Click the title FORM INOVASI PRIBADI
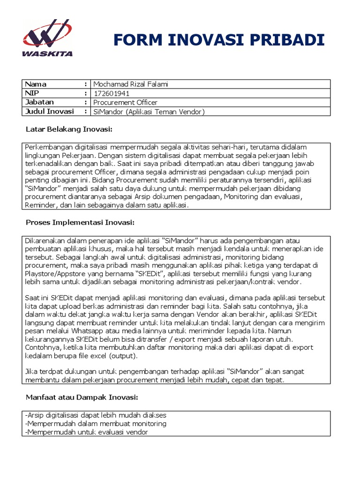point(219,40)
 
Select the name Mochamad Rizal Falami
point(130,84)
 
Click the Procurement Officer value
point(125,102)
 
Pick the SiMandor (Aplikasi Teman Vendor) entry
point(149,112)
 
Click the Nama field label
point(36,84)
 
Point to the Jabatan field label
point(39,102)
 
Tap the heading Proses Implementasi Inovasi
point(80,222)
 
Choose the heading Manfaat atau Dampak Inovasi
point(82,397)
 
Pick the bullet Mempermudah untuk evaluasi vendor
point(87,432)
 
